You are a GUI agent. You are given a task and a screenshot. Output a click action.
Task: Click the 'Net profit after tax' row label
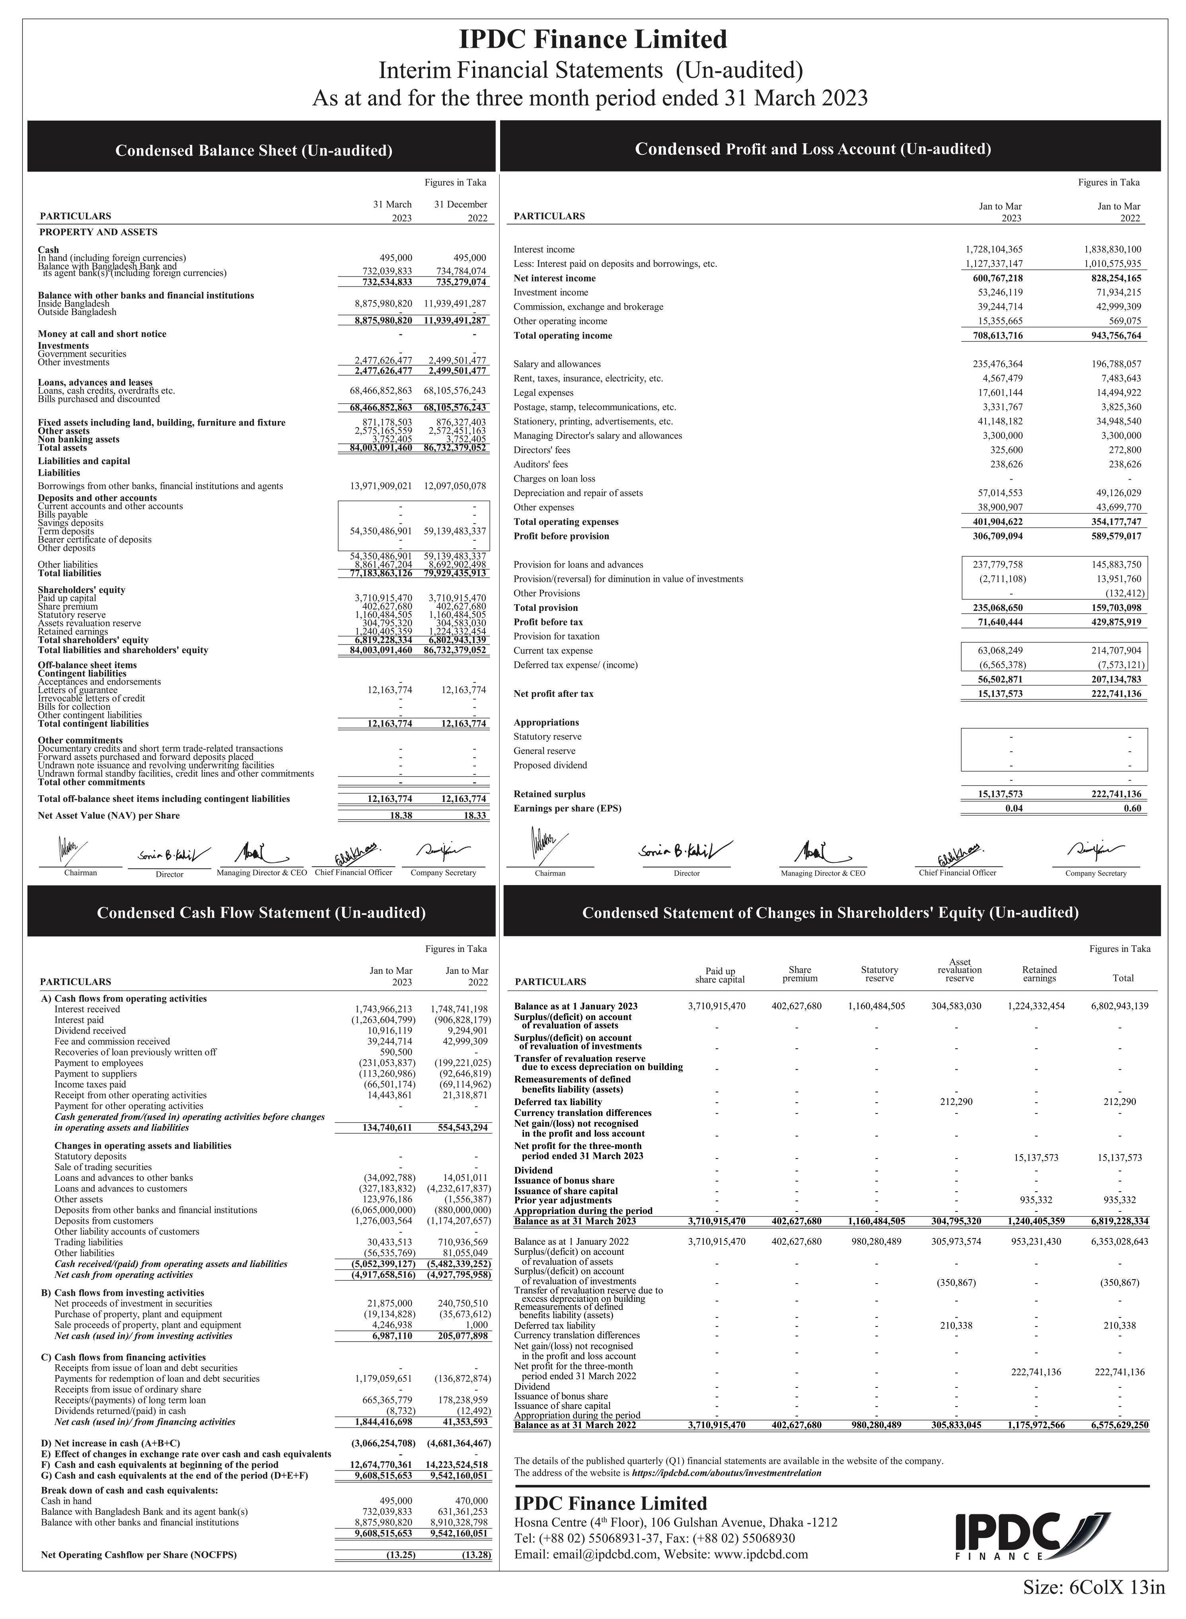(553, 694)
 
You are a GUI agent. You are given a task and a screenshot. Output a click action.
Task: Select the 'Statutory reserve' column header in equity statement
(879, 974)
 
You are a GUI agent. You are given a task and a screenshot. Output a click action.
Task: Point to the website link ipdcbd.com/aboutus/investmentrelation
(726, 1473)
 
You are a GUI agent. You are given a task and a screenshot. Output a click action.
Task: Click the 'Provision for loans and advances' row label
(578, 564)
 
